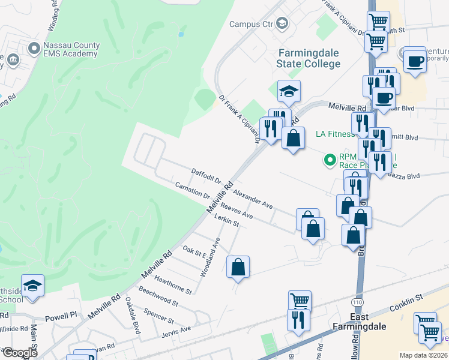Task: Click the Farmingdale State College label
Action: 309,58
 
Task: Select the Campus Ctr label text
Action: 252,24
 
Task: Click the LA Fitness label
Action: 335,134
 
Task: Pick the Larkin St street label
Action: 227,222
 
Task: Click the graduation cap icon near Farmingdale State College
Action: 289,91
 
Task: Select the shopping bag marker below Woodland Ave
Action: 238,268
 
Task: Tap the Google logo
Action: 20,352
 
